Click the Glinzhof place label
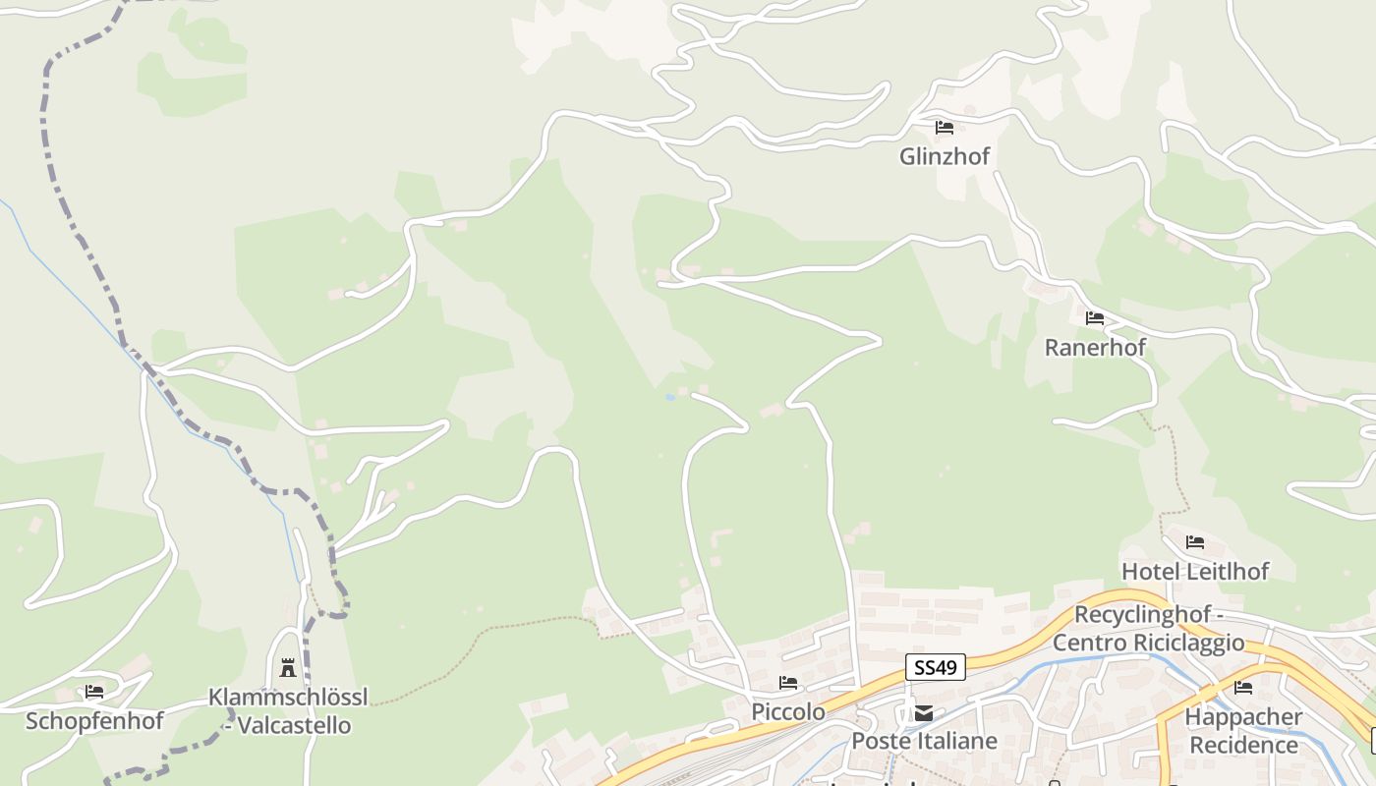pos(944,156)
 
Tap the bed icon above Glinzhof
pos(945,128)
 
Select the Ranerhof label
pos(1095,347)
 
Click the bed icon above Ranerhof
pos(1095,318)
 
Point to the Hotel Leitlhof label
pos(1195,571)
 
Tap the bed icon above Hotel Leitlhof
pos(1195,542)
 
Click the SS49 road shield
pos(936,668)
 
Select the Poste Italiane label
pos(924,741)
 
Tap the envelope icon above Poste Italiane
pos(924,713)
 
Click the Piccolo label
pos(788,711)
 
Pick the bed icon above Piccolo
pos(788,683)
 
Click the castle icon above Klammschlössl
pos(288,668)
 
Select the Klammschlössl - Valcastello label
pos(288,711)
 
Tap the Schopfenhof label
pos(93,721)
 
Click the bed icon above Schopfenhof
pos(94,692)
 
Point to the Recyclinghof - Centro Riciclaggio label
pos(1148,629)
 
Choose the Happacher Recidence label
pos(1243,731)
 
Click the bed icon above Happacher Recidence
pos(1243,688)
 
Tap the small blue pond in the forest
pos(670,397)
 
